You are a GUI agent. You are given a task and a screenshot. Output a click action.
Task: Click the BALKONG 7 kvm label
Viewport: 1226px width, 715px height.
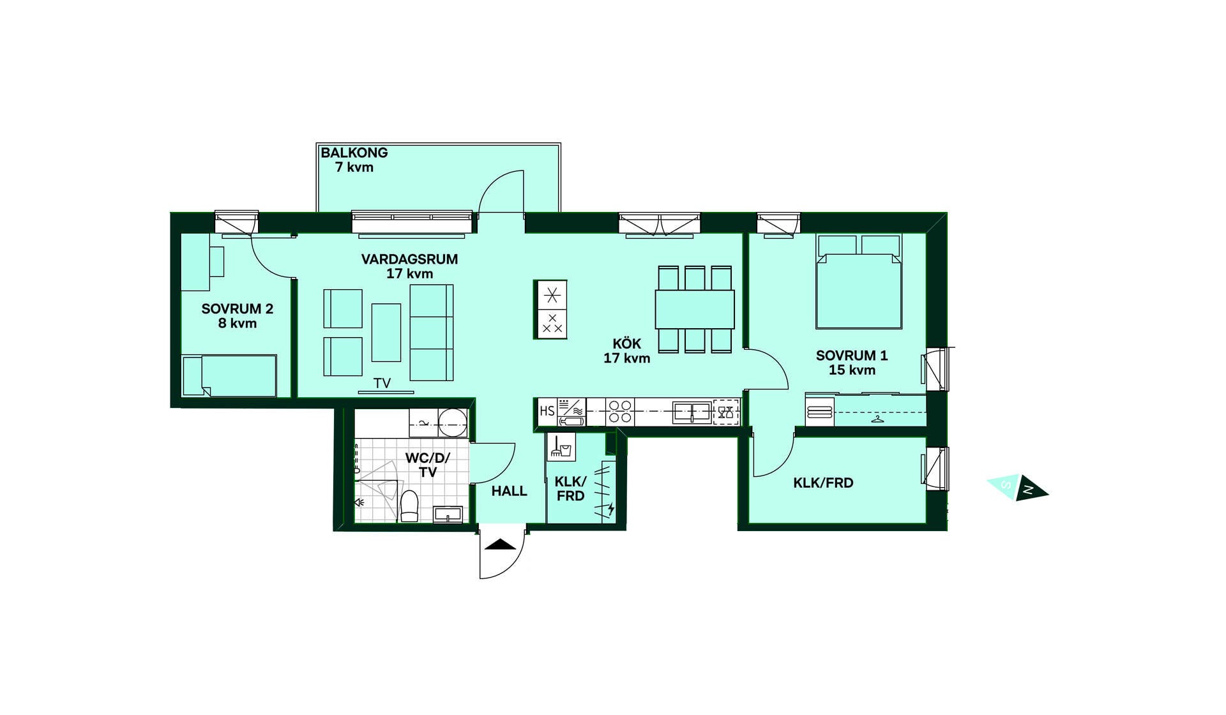click(x=354, y=160)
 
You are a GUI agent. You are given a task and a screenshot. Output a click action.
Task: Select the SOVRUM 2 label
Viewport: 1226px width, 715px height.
click(x=238, y=315)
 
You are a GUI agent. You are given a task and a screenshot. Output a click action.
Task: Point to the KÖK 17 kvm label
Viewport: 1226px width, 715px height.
click(x=627, y=351)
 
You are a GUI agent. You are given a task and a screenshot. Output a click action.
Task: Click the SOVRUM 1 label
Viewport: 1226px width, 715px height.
click(x=852, y=363)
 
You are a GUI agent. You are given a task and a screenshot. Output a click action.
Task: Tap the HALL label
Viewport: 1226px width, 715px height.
click(x=510, y=491)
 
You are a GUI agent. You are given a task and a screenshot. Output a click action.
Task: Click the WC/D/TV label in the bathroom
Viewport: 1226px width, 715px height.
click(x=428, y=465)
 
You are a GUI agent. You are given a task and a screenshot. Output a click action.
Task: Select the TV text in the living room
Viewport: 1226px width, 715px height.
click(x=382, y=383)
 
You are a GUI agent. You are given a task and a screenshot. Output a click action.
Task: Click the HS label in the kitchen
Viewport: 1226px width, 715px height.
click(x=547, y=411)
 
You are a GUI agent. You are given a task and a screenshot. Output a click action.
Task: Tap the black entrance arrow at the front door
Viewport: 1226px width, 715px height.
click(x=501, y=545)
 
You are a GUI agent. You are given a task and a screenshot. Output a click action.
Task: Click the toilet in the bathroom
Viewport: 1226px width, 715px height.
click(x=409, y=506)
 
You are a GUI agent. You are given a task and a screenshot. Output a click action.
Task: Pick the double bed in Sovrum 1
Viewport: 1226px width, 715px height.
click(x=859, y=282)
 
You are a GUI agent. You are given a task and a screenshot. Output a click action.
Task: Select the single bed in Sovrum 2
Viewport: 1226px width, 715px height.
click(x=229, y=376)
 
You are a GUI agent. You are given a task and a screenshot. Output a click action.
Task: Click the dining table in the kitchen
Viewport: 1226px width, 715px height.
click(x=695, y=310)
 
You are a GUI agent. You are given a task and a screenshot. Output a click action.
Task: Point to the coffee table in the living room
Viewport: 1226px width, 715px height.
click(x=386, y=333)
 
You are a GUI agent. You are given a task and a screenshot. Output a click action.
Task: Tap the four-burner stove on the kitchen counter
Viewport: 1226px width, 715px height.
click(x=619, y=412)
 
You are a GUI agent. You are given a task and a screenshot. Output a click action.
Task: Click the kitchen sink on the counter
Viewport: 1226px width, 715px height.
click(x=692, y=412)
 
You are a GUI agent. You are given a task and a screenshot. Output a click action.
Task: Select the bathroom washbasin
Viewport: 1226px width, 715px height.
click(x=448, y=514)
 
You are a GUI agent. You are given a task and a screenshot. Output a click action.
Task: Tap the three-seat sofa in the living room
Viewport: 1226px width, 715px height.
click(x=432, y=333)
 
